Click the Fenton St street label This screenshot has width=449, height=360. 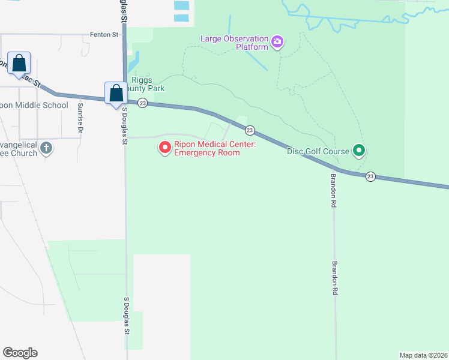[x=104, y=35]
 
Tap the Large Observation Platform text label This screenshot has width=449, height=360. [x=235, y=43]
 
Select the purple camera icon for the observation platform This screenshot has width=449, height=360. [x=277, y=42]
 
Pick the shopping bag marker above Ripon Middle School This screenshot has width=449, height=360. [x=19, y=63]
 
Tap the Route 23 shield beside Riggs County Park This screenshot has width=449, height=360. [x=142, y=103]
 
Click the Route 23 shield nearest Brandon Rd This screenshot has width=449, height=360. [x=371, y=176]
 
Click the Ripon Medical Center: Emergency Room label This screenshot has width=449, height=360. [x=207, y=148]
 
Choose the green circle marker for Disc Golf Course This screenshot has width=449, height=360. [x=358, y=150]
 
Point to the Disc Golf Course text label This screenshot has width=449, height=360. [x=318, y=151]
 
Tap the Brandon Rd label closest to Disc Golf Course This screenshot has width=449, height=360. [x=334, y=191]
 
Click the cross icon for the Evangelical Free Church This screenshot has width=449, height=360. [x=46, y=148]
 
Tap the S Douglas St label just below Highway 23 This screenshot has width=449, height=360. [x=125, y=126]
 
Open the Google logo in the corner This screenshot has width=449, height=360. [x=20, y=353]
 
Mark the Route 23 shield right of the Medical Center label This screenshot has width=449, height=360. [x=250, y=130]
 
